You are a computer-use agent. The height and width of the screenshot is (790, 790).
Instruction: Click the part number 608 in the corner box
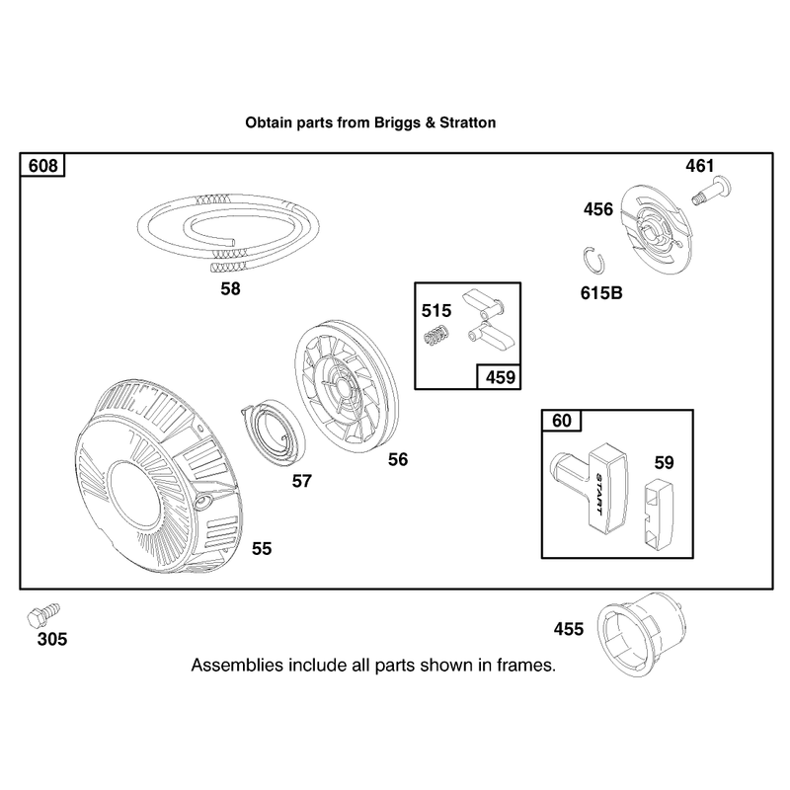click(42, 165)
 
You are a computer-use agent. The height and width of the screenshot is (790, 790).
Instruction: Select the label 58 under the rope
click(231, 288)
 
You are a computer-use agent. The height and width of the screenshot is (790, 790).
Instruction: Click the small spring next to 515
click(436, 336)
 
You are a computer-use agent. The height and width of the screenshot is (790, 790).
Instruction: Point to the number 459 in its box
click(501, 377)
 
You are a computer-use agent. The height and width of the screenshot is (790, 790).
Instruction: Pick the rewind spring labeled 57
click(273, 430)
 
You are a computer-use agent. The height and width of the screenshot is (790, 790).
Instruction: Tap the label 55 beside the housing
click(262, 548)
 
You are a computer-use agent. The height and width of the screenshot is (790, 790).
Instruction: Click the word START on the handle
click(599, 494)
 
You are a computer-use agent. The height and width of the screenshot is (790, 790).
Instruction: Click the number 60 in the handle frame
click(562, 421)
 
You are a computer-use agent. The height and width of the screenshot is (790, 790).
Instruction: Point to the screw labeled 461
click(713, 190)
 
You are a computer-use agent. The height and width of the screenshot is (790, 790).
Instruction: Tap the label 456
click(598, 209)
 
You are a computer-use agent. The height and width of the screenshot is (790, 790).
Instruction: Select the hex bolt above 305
click(43, 615)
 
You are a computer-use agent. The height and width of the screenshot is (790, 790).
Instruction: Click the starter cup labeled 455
click(641, 634)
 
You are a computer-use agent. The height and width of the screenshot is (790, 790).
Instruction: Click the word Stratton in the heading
click(467, 122)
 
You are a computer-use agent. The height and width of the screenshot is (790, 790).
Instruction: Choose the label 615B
click(601, 292)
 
